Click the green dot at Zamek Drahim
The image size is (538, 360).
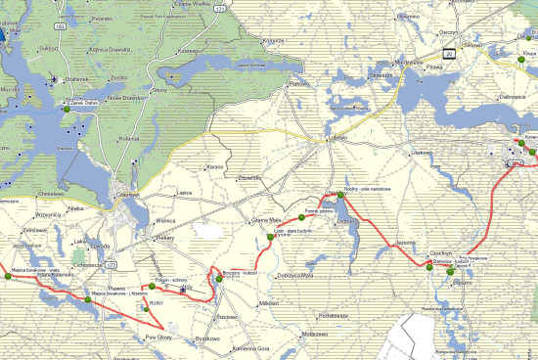[66, 110]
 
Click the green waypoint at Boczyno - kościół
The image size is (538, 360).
[220, 278]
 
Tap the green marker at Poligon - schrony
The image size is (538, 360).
[153, 288]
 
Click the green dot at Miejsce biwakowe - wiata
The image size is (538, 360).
[12, 277]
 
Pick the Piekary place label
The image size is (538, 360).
[164, 237]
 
